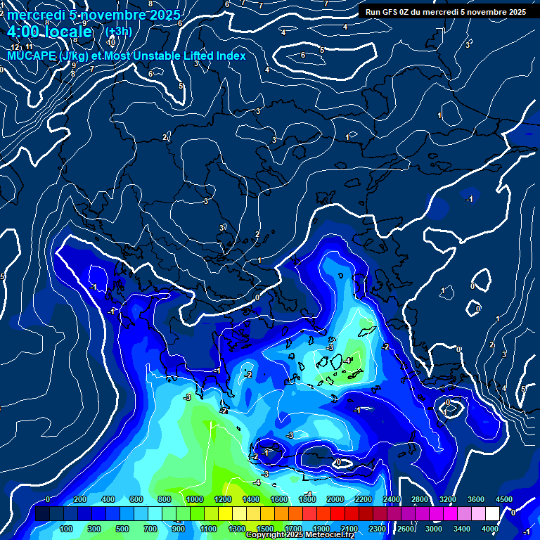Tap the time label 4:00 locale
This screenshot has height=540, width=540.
click(49, 32)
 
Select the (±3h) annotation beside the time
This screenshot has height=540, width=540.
click(118, 32)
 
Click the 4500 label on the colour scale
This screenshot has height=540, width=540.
click(503, 499)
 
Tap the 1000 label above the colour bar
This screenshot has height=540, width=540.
click(194, 499)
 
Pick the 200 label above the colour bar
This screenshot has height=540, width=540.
click(79, 499)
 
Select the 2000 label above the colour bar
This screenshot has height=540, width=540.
click(335, 499)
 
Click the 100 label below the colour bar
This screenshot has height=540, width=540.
click(67, 529)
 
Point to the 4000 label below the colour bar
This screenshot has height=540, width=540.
click(489, 529)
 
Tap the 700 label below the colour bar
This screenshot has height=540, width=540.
click(150, 529)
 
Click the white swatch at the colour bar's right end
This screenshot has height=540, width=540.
click(491, 514)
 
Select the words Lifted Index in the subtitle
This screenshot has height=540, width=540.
click(212, 56)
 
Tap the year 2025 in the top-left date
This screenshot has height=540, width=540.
click(164, 15)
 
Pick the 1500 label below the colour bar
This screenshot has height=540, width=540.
click(265, 529)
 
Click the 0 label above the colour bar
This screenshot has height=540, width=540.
click(47, 499)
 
